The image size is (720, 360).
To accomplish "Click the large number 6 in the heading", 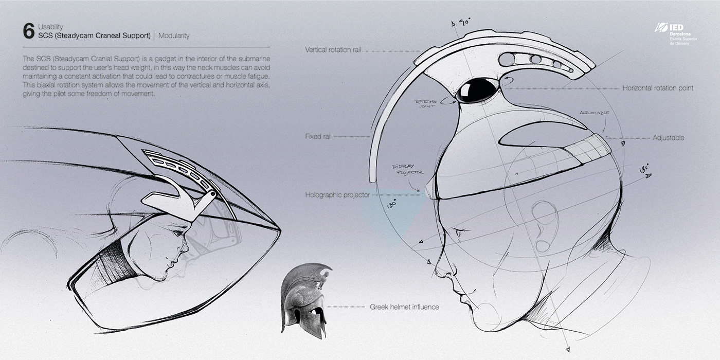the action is [29, 31].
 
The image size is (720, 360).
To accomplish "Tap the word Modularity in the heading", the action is [174, 36].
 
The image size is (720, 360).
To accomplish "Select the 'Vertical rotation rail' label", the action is [333, 50].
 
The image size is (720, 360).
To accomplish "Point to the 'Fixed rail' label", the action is [318, 137].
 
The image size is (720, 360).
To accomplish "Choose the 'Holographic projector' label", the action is [337, 195].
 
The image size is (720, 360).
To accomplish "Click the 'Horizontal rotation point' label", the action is [658, 88].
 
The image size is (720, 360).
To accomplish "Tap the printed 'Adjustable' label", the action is [668, 138].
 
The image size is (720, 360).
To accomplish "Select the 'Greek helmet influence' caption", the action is [404, 307].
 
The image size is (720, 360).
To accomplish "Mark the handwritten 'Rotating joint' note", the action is [426, 104].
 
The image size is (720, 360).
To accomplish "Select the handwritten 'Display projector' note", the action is [407, 170].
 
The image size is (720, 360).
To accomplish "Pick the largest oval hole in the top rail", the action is [508, 61].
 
